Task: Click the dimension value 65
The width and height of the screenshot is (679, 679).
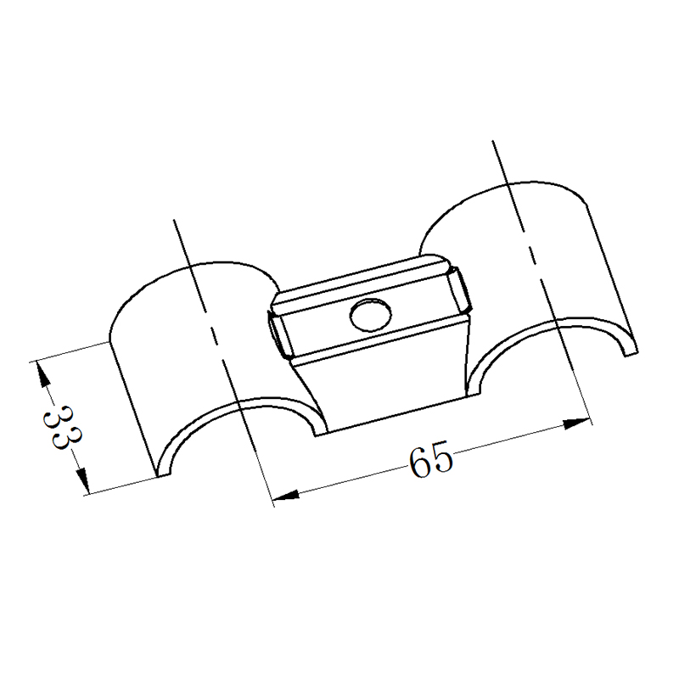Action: tap(431, 459)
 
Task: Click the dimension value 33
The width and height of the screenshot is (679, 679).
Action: tap(62, 428)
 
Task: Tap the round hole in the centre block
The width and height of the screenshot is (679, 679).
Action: tap(371, 316)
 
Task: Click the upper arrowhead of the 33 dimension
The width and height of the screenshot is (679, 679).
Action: tap(42, 376)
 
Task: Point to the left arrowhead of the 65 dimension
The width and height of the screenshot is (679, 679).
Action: tap(286, 496)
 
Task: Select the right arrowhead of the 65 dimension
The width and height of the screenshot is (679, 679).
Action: tap(576, 423)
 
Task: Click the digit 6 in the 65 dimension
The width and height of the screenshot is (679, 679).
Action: tap(419, 463)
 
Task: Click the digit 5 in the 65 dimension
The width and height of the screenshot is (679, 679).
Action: tap(442, 457)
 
